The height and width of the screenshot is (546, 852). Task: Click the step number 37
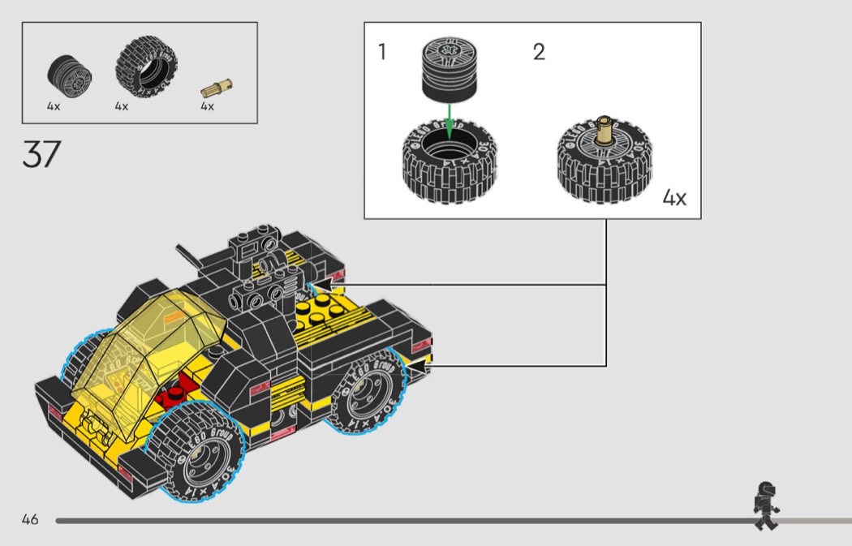coord(41,154)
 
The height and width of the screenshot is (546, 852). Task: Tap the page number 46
coord(30,519)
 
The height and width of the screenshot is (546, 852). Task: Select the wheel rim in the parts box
coord(70,77)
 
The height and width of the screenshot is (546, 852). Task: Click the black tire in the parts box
coord(146,67)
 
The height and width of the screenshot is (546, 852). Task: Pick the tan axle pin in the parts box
coord(217,88)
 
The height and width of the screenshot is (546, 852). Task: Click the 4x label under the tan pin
coord(207,106)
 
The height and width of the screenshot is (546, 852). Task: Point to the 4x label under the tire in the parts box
coord(121,106)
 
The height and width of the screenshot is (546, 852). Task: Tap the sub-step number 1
coord(382,52)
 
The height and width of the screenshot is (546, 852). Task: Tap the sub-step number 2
coord(539,52)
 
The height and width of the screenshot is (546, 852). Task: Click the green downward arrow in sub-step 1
coord(449,121)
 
